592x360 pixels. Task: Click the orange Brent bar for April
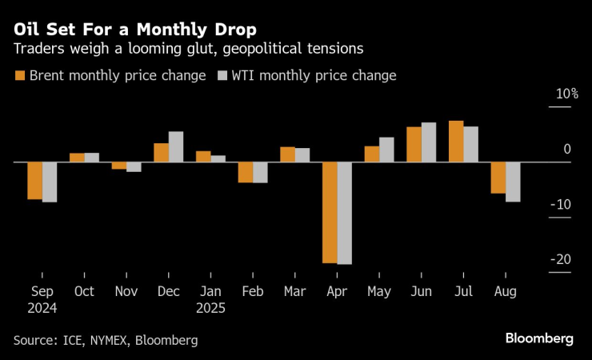coord(330,212)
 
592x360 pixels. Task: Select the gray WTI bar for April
coord(345,213)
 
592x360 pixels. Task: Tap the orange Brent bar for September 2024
coord(34,181)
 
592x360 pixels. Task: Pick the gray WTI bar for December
coord(176,147)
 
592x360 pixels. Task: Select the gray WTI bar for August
coord(513,182)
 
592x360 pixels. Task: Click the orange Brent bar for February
coord(246,172)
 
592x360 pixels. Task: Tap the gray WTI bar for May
coord(386,150)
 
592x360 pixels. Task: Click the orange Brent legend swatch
coord(19,76)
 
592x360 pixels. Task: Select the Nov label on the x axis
coord(126,292)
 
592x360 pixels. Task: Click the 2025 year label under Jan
coord(210,308)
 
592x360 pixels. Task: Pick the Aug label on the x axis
coord(506,292)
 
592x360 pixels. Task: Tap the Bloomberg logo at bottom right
coord(539,338)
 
